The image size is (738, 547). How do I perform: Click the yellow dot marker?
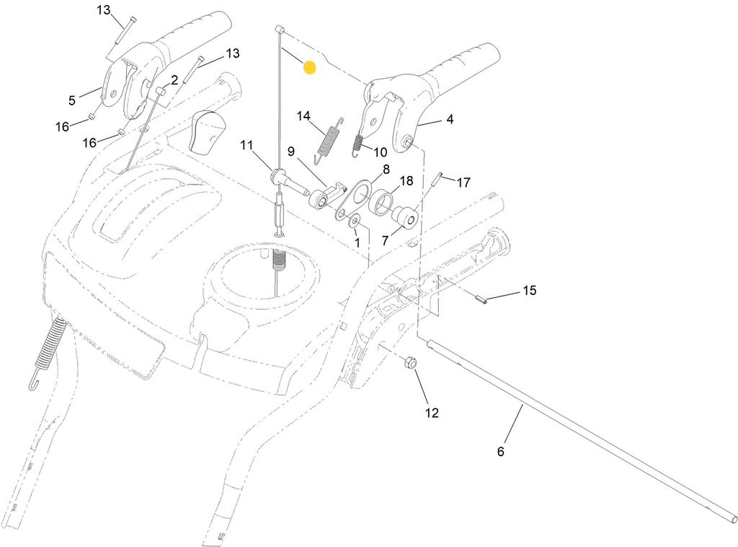pos(309,67)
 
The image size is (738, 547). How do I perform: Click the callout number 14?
pos(303,116)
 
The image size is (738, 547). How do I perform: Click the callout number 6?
pos(500,451)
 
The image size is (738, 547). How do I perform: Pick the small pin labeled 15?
pos(480,299)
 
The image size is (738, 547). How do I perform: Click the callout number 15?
pos(530,290)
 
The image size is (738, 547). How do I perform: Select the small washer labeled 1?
pos(355,221)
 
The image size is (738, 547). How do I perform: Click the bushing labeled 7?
pos(404,216)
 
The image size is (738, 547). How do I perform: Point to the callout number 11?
pos(246,144)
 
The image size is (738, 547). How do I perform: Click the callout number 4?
pos(450,119)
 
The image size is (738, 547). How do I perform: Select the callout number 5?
pos(71,100)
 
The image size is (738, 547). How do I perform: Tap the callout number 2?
pos(174,80)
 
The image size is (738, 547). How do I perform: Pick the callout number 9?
pos(290,152)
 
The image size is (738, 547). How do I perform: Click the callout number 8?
pos(386,169)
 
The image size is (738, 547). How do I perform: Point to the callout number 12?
pos(432,413)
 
